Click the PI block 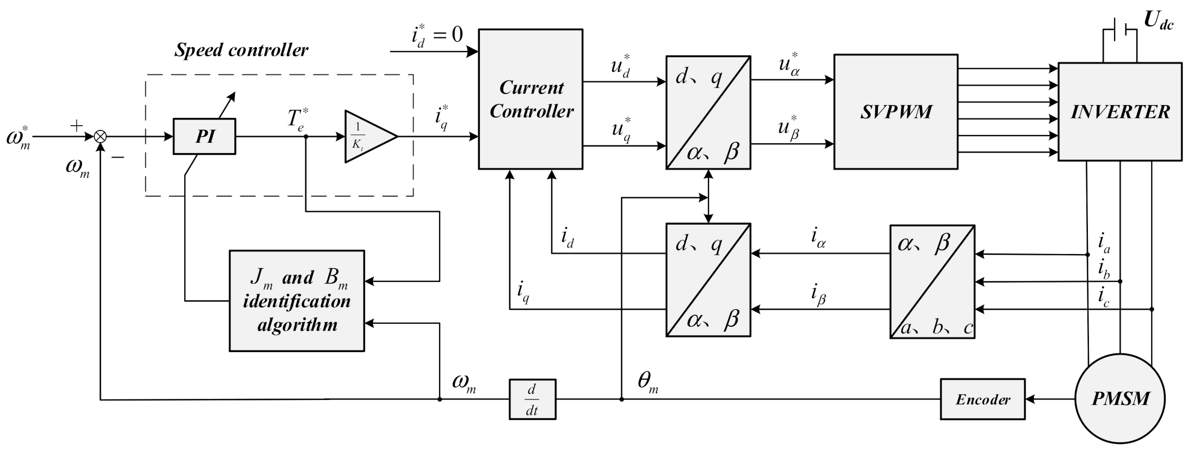(204, 137)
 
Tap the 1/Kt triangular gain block (367, 137)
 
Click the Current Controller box (530, 99)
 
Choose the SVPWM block (895, 112)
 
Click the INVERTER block (1119, 112)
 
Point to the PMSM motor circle (1120, 398)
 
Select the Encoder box (982, 399)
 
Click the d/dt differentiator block (532, 399)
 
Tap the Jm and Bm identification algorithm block (297, 301)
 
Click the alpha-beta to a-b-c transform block (932, 281)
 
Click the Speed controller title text (241, 50)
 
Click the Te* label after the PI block (298, 119)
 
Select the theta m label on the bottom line (648, 382)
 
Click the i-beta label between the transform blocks (818, 295)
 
